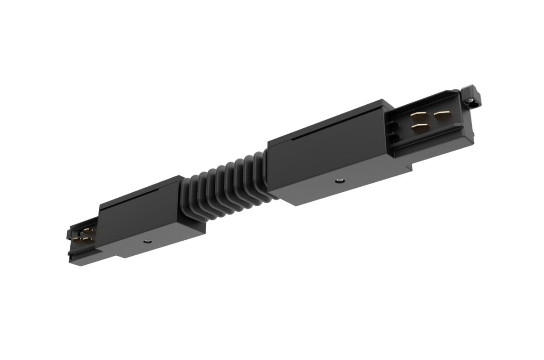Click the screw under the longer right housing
[x=338, y=181]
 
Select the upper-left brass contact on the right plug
[x=418, y=117]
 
